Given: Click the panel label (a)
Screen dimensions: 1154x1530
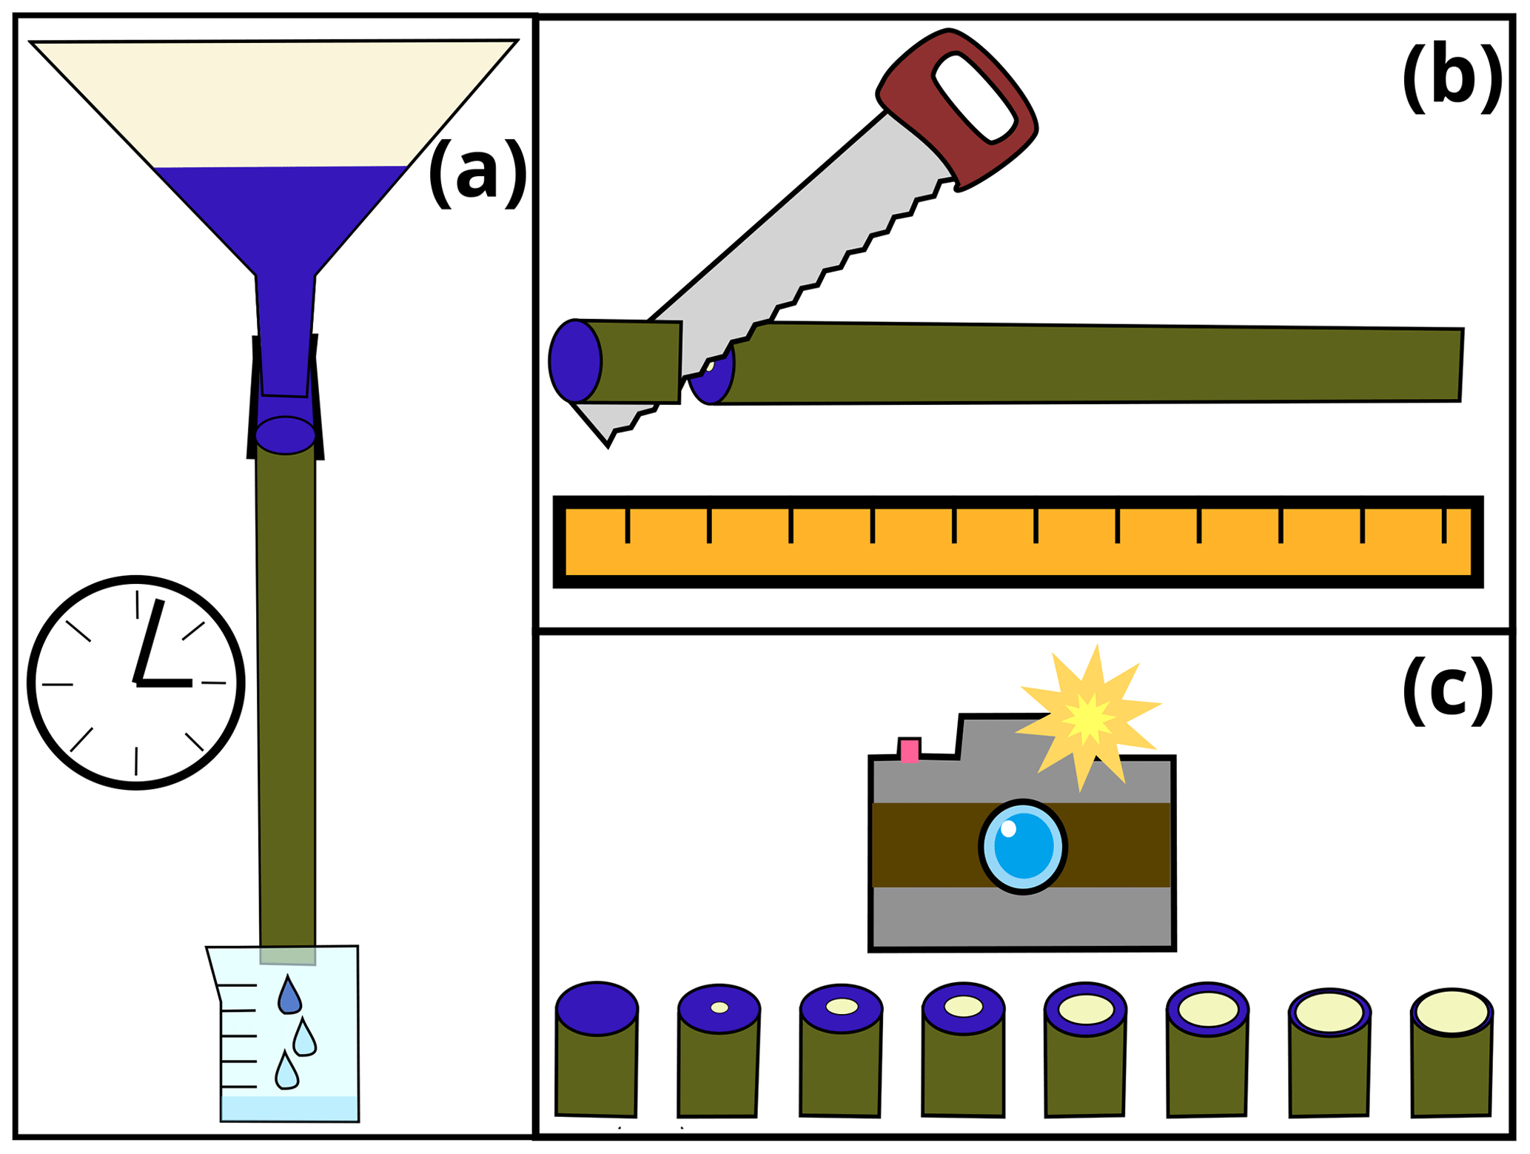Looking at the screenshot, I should (x=477, y=174).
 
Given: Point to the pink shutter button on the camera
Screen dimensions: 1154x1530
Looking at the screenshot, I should (x=909, y=751).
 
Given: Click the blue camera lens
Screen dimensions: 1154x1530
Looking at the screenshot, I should (x=1023, y=847).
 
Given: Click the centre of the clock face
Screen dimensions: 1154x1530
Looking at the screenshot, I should (x=136, y=683).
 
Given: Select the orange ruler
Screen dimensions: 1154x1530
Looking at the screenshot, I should (x=1018, y=542).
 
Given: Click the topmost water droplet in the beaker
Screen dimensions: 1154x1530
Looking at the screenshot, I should (x=289, y=995).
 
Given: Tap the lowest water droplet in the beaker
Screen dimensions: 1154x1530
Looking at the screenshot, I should (x=286, y=1072).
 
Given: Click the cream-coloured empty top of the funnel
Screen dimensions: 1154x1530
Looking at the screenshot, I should (x=274, y=104).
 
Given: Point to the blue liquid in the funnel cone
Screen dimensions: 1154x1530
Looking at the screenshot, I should (x=281, y=215).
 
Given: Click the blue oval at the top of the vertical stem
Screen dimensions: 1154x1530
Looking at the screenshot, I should (x=286, y=435).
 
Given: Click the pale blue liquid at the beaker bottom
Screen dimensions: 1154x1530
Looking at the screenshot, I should (x=289, y=1108).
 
